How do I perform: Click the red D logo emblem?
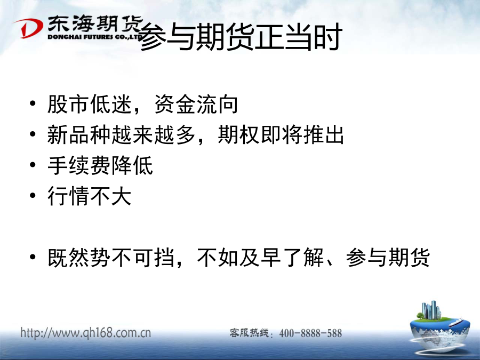28,28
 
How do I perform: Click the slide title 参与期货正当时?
240,37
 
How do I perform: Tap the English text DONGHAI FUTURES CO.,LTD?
95,37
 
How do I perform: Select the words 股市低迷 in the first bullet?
90,104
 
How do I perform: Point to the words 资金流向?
196,104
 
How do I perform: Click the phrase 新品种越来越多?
122,135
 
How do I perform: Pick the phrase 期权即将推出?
281,135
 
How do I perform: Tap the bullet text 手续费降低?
100,165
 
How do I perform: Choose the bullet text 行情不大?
90,196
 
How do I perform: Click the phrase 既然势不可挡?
111,258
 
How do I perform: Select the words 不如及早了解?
260,258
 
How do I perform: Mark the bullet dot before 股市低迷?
33,103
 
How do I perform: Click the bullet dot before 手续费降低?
33,165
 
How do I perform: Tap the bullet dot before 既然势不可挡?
33,257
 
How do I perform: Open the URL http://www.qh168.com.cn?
86,333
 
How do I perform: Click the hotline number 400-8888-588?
310,333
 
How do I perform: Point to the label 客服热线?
249,333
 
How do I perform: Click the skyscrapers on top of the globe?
431,310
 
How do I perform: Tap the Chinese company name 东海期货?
95,24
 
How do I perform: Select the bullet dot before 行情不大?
33,195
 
